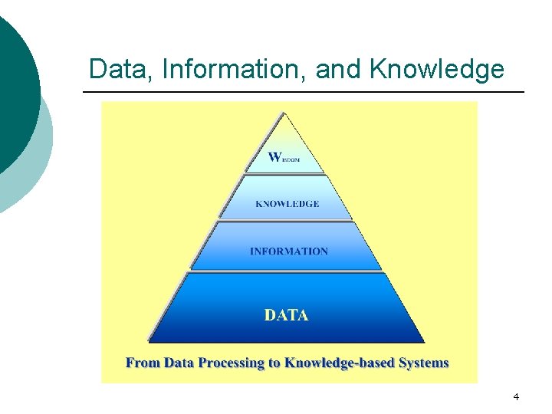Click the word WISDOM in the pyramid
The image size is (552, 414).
(x=284, y=158)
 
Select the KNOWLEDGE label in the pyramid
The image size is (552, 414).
(x=287, y=204)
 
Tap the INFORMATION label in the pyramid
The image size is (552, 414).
(x=288, y=251)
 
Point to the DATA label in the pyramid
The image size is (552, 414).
(x=287, y=315)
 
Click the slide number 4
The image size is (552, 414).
(x=516, y=397)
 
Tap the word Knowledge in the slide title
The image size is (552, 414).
(x=437, y=69)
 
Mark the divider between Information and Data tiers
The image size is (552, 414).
(x=286, y=271)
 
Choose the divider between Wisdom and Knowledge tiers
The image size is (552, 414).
(x=285, y=173)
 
